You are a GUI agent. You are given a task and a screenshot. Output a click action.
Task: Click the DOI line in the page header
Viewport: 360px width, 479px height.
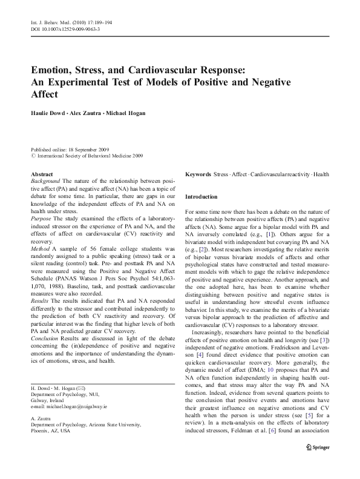(x=65, y=28)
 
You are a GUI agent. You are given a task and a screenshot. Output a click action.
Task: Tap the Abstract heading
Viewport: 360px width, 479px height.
(x=41, y=174)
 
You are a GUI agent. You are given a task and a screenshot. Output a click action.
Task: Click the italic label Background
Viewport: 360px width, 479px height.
(x=45, y=181)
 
